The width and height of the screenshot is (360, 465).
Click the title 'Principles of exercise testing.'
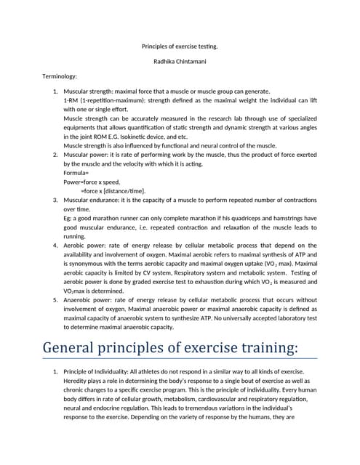click(180, 46)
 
